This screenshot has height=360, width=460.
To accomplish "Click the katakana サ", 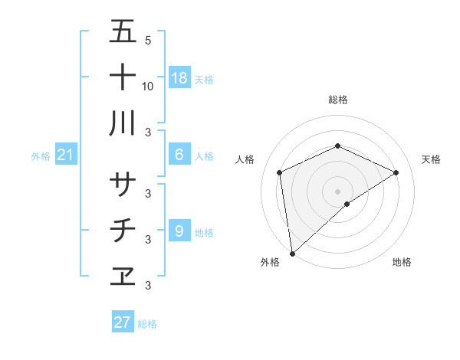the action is coord(123,184).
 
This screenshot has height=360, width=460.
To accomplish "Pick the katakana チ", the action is coord(123,230).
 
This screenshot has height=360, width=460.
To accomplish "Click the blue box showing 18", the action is coord(179,77).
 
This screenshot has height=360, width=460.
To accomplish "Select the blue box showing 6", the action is coord(179,155).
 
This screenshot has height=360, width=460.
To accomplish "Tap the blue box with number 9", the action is coord(179,231).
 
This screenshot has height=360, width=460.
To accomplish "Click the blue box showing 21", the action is coord(65,155).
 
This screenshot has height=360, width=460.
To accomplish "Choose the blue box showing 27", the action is coord(123,322).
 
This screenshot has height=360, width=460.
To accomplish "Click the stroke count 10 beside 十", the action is coord(148,86).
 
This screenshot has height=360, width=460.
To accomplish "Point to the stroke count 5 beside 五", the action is coord(148,40).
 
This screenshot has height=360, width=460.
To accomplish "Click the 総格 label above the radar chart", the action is coord(338,100).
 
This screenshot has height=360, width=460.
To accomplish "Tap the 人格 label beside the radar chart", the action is coord(245,159).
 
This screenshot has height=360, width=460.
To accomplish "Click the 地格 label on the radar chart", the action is coord(402,262).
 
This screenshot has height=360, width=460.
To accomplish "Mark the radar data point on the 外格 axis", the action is coord(292,253).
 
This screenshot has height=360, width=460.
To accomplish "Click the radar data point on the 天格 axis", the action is coord(396,172).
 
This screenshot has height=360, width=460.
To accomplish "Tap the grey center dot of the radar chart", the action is coord(338,190).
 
